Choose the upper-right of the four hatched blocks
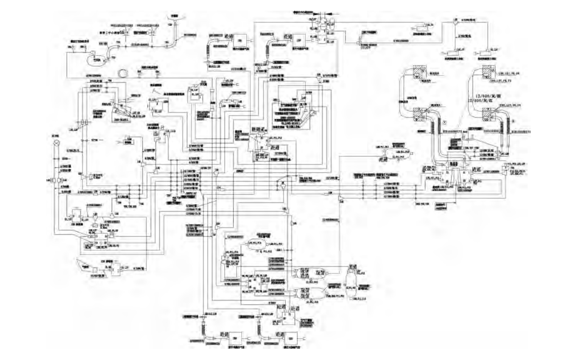[487, 71]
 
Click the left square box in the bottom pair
[234, 336]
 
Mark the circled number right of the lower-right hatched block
[513, 121]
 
